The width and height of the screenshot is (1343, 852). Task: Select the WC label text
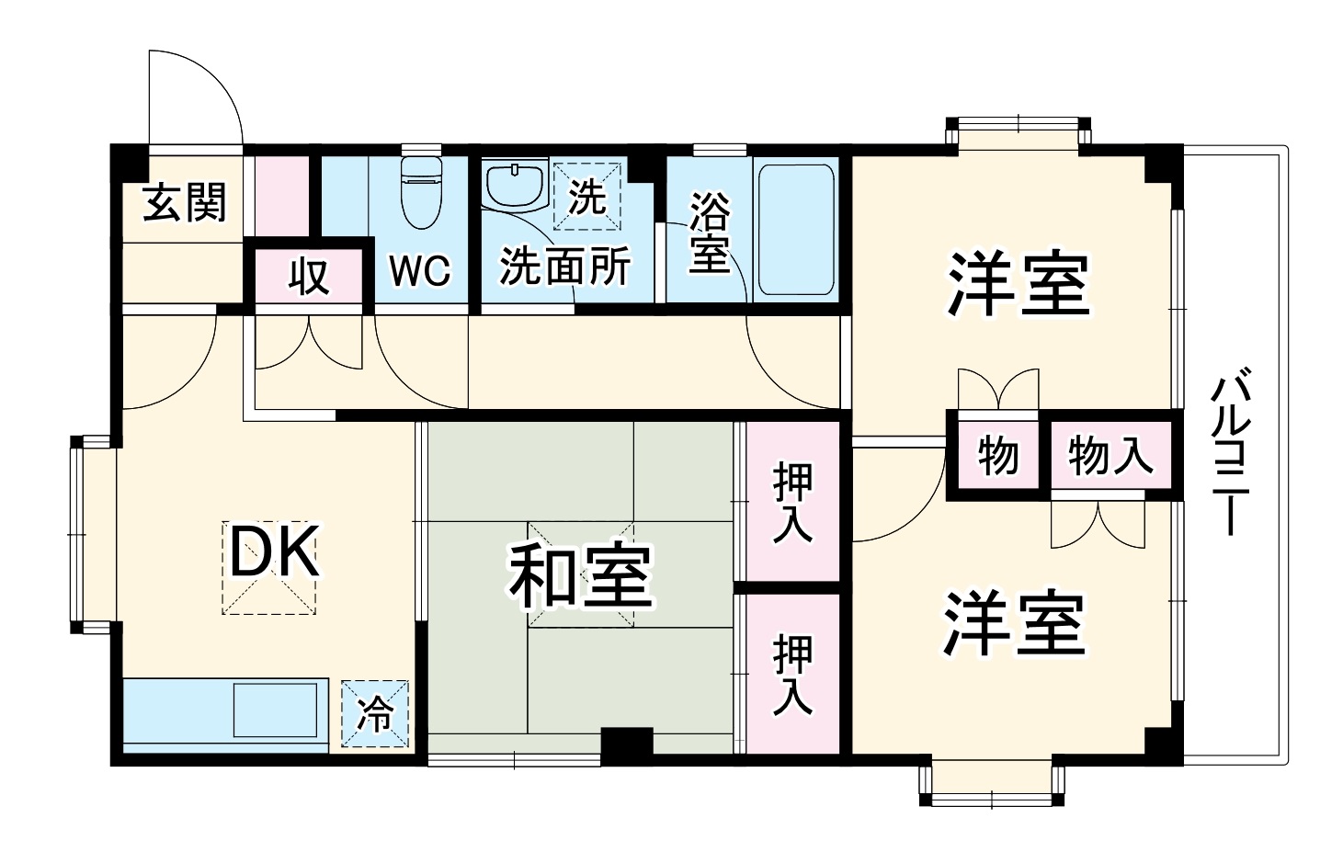click(x=420, y=270)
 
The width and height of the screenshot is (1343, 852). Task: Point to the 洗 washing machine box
click(x=587, y=195)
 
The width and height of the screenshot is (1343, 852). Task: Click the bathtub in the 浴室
click(x=796, y=230)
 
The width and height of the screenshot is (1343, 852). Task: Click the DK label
click(x=272, y=552)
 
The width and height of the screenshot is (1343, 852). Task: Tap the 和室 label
click(x=581, y=577)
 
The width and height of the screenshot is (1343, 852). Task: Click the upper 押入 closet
click(x=791, y=502)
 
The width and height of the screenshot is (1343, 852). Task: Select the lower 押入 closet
click(x=791, y=675)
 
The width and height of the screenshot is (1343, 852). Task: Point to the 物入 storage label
click(x=1110, y=454)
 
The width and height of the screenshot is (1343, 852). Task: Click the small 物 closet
click(x=997, y=455)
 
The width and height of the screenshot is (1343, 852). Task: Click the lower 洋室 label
click(x=1014, y=624)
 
